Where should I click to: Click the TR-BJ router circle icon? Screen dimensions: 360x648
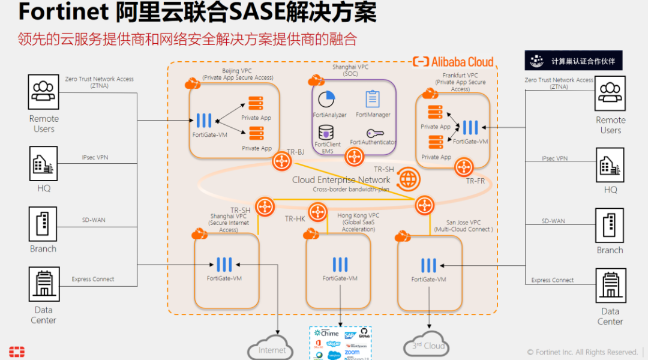point(281,161)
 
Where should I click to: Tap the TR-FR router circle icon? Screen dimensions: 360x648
point(464,167)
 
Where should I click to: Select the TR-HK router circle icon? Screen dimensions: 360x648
point(316,211)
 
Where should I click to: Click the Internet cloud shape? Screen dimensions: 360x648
point(272,349)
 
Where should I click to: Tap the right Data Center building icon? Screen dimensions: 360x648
point(610,285)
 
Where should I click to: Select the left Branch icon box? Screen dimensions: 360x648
point(43,224)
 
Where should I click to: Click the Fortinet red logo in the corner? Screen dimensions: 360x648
point(17,352)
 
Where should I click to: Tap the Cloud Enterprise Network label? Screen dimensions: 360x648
point(341,179)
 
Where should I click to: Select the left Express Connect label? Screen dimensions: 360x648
point(93,279)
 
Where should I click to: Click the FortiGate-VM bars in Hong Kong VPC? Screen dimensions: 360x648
point(340,264)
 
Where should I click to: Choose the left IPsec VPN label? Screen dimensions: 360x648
point(95,158)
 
